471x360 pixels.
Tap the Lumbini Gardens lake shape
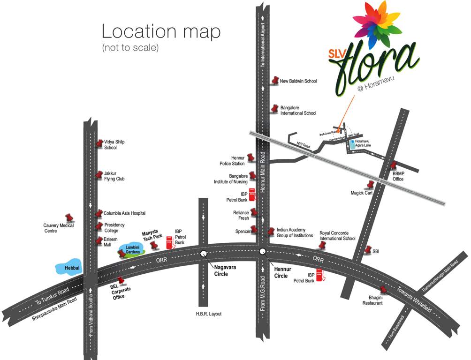pyautogui.click(x=133, y=249)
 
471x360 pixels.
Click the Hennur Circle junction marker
pyautogui.click(x=262, y=252)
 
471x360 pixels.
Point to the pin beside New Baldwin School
pyautogui.click(x=275, y=81)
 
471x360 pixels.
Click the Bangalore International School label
pyautogui.click(x=298, y=110)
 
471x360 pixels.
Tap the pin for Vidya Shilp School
pyautogui.click(x=99, y=144)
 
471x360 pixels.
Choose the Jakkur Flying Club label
pyautogui.click(x=114, y=176)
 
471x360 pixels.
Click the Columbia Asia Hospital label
pyautogui.click(x=124, y=213)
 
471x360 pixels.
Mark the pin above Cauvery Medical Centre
pyautogui.click(x=70, y=217)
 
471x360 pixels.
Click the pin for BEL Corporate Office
pyautogui.click(x=122, y=281)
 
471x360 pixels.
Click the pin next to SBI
pyautogui.click(x=367, y=250)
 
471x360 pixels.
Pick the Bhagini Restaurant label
pyautogui.click(x=372, y=300)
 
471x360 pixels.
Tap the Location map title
pyautogui.click(x=161, y=32)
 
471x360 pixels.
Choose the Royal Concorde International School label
pyautogui.click(x=337, y=235)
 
